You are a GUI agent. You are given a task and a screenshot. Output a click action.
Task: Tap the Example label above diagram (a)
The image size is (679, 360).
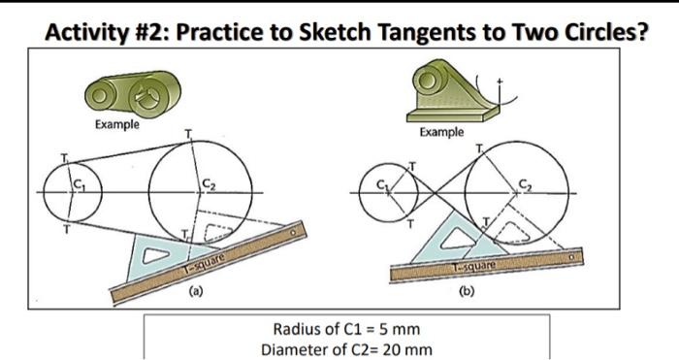[x=116, y=124]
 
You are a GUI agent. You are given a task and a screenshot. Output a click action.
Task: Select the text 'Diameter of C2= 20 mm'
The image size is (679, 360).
[x=346, y=348]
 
